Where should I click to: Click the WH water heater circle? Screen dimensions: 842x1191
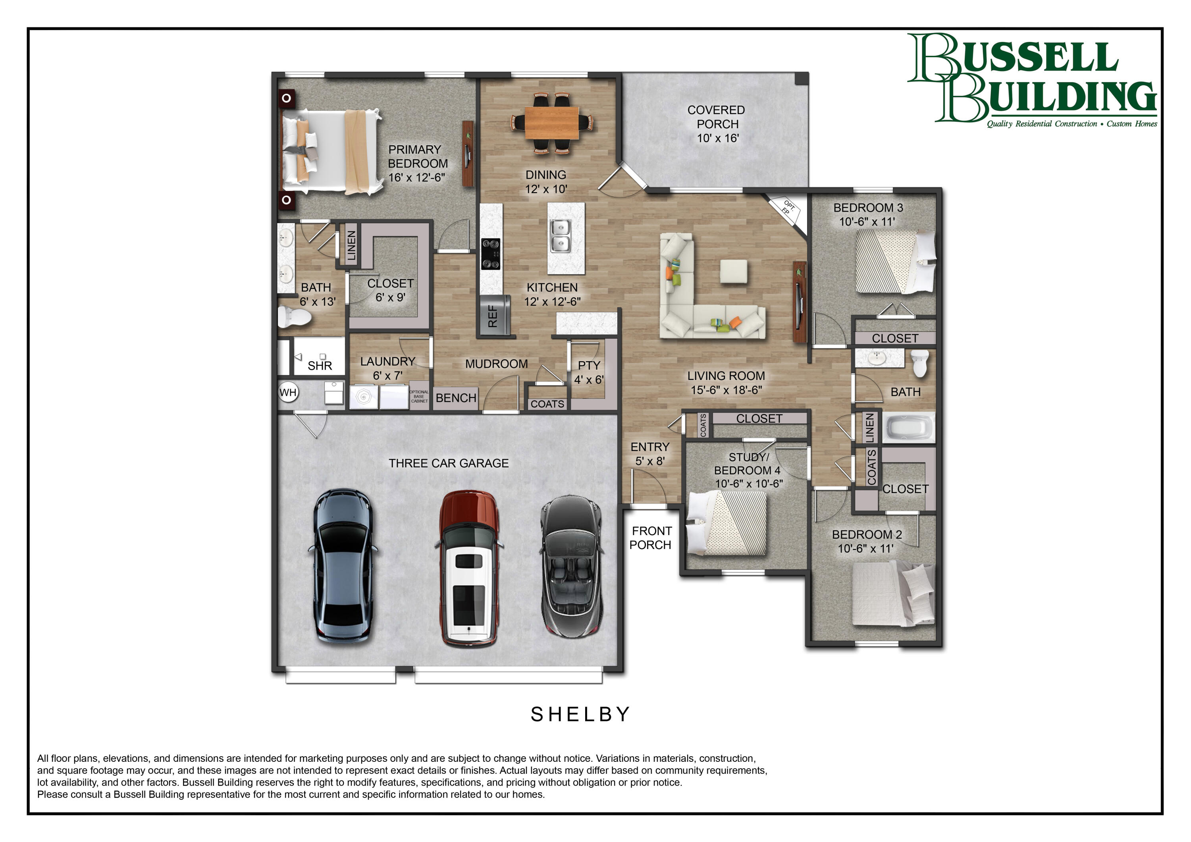(288, 392)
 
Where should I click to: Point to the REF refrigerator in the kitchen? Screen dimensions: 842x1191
(494, 316)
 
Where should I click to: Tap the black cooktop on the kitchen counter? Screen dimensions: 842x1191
(491, 254)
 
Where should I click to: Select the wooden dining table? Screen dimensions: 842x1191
(551, 123)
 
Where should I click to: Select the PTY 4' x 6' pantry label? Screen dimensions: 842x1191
(588, 372)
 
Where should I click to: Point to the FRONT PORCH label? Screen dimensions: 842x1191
(651, 538)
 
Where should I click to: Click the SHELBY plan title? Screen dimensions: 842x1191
(580, 715)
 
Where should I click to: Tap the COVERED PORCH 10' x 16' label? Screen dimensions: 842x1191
(716, 124)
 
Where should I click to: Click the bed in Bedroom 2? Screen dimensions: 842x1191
(893, 595)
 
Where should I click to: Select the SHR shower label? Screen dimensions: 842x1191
(320, 365)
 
